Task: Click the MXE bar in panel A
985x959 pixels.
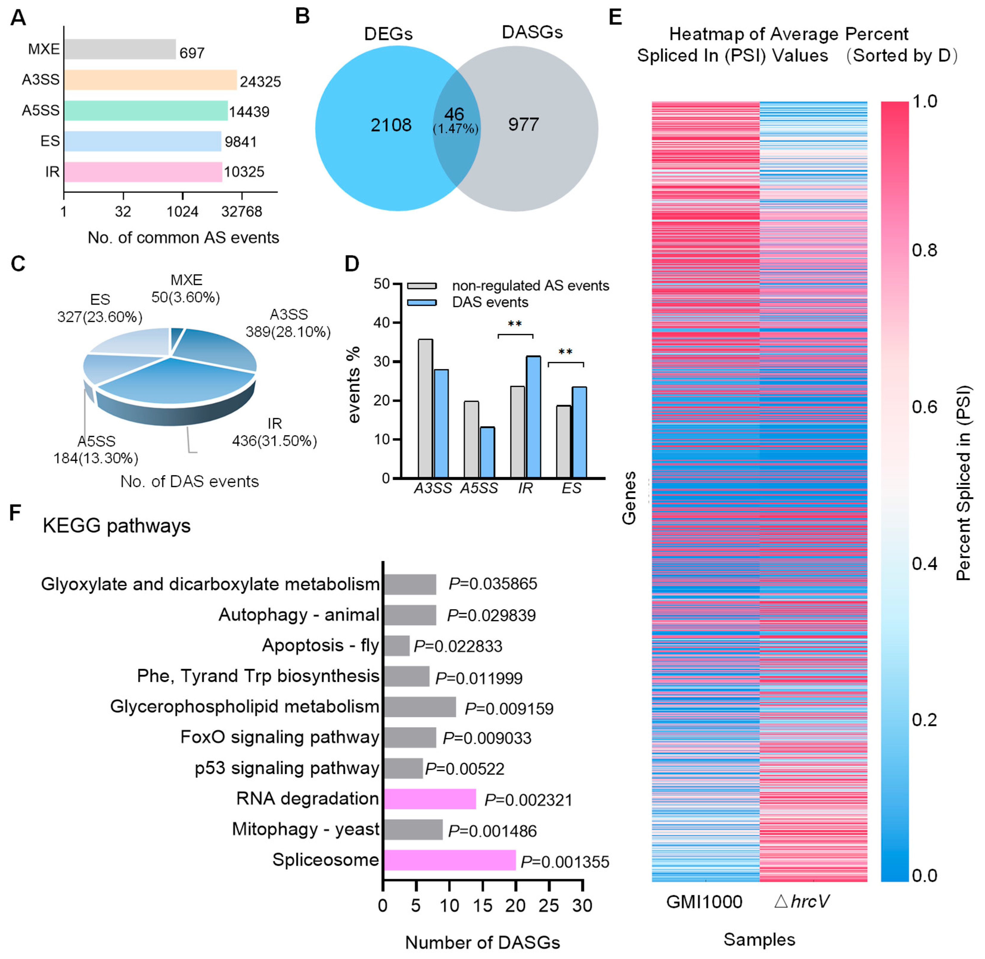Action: pyautogui.click(x=120, y=49)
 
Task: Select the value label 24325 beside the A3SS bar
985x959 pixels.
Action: pyautogui.click(x=260, y=82)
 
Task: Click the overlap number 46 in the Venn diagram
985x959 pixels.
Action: pyautogui.click(x=454, y=114)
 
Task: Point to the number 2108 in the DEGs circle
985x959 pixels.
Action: pyautogui.click(x=391, y=125)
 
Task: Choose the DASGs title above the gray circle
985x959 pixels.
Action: pyautogui.click(x=532, y=32)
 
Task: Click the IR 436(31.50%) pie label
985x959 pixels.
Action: pyautogui.click(x=275, y=433)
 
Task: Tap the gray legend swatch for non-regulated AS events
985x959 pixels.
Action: pyautogui.click(x=422, y=286)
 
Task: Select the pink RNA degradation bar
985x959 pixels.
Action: pyautogui.click(x=430, y=799)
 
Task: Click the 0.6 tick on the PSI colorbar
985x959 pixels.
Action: pyautogui.click(x=925, y=407)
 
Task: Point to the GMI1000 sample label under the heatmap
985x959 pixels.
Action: pyautogui.click(x=704, y=902)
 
